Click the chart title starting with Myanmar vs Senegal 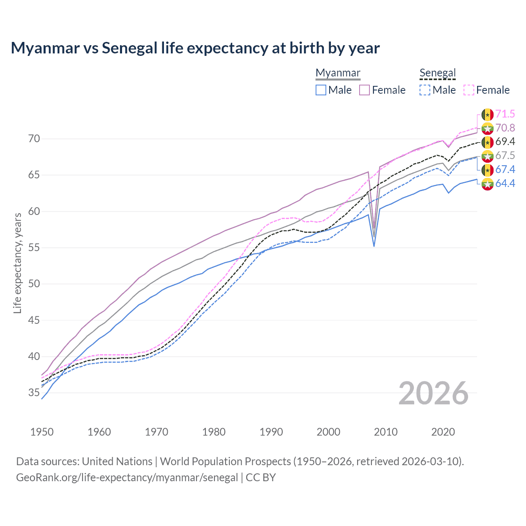(195, 48)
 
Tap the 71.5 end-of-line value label (505, 114)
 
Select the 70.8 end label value (505, 128)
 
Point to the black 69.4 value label (505, 142)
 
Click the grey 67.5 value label (505, 155)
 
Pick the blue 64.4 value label (505, 183)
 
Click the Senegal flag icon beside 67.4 (487, 170)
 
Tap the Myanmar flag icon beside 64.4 (487, 184)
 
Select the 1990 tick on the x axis (271, 432)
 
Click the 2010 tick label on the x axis (385, 432)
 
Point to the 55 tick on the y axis (34, 248)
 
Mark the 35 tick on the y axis (34, 393)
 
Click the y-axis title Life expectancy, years (18, 263)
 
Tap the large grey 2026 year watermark (433, 393)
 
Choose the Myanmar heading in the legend (338, 73)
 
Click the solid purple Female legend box (365, 90)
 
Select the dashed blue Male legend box (425, 90)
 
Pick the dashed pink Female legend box (469, 90)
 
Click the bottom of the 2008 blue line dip (374, 246)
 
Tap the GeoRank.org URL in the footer (127, 478)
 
